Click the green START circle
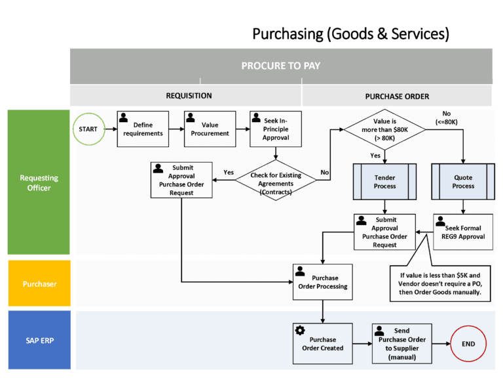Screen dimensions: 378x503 [x=88, y=129]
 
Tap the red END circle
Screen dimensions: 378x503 [x=468, y=344]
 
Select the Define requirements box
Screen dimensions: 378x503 [x=143, y=129]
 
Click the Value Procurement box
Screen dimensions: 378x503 [x=210, y=129]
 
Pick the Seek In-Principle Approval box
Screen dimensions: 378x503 [x=274, y=129]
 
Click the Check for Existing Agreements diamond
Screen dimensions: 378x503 [x=276, y=179]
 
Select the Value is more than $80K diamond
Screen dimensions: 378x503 [x=384, y=129]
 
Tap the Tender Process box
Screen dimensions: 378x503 [x=384, y=182]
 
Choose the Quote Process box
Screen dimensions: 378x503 [x=463, y=182]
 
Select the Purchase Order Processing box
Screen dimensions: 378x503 [x=322, y=282]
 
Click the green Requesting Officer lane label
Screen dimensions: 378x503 [x=38, y=182]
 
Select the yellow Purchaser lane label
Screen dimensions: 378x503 [x=38, y=284]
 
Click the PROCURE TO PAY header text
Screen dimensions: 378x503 [x=280, y=66]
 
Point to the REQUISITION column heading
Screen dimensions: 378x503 [x=189, y=96]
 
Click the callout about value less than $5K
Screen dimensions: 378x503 [x=441, y=283]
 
